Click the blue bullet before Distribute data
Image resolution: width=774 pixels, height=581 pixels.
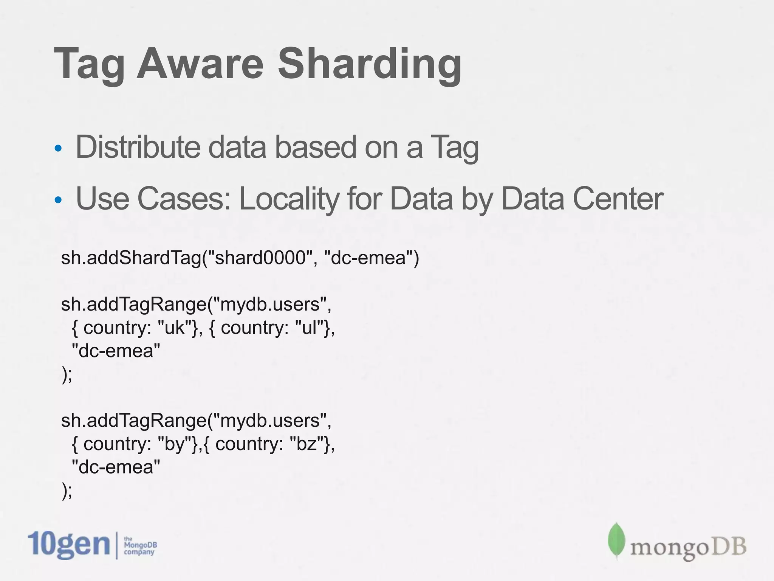[58, 148]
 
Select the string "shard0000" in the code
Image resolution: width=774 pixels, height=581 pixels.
[260, 258]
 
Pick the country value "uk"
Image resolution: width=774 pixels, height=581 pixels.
[174, 328]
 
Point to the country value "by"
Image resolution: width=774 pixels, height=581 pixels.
[174, 444]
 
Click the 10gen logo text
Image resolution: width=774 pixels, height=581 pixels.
[68, 545]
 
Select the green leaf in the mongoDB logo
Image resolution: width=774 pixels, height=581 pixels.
[616, 541]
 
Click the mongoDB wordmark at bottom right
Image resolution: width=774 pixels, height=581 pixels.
[688, 547]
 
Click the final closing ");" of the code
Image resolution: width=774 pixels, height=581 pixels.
[67, 491]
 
